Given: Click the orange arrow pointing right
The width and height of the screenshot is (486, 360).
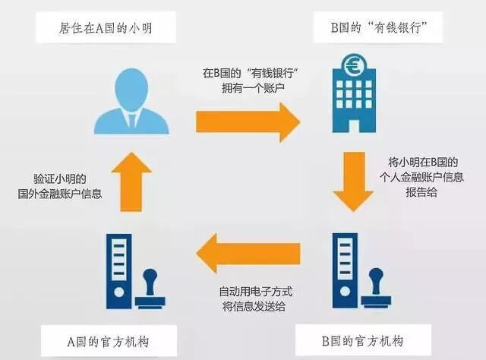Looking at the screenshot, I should [248, 120].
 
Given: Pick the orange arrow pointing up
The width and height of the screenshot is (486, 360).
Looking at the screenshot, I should [126, 182].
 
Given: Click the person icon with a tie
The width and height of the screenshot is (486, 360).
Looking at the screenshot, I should [126, 105].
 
